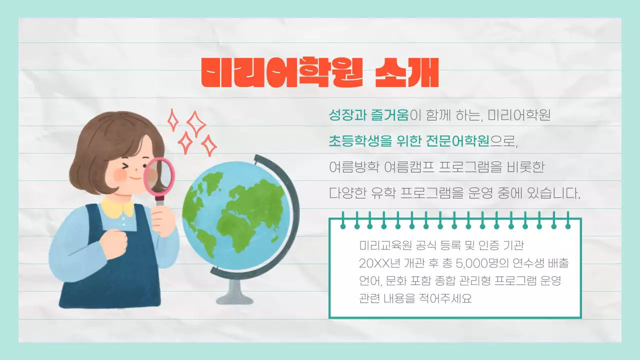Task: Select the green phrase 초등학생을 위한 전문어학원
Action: pos(408,141)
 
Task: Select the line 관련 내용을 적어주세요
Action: pos(415,298)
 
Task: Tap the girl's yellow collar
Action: pos(118,206)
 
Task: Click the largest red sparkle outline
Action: pos(195,123)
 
